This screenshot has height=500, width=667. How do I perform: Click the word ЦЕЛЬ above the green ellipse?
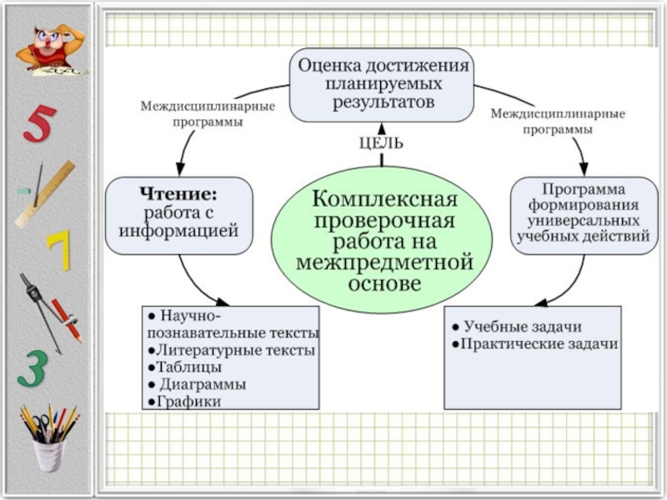tap(381, 143)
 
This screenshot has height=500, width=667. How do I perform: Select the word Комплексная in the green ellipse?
tap(384, 201)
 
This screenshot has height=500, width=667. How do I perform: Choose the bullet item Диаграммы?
tap(198, 384)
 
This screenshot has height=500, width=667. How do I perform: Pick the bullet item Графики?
tap(186, 402)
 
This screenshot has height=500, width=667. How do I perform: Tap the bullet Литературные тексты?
tap(232, 350)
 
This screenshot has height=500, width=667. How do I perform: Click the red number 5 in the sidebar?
tap(38, 124)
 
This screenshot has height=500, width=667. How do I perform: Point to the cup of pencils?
tap(48, 437)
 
